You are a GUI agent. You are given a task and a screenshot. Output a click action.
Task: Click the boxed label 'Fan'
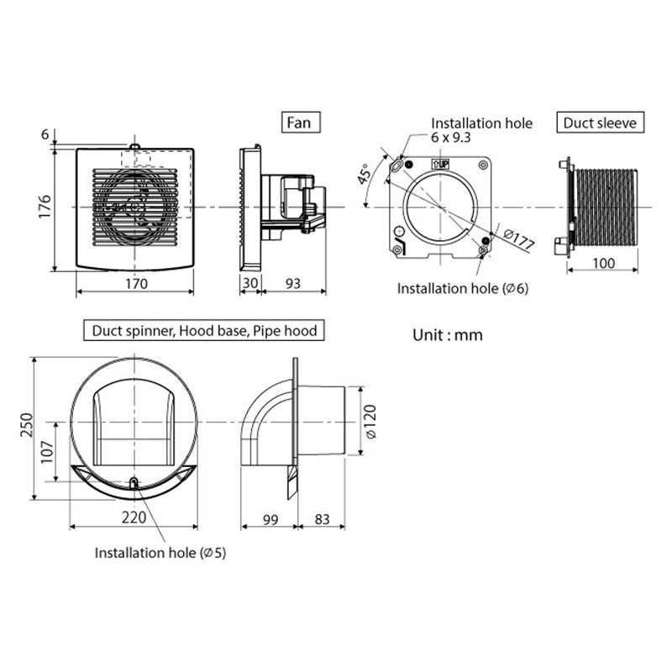300,122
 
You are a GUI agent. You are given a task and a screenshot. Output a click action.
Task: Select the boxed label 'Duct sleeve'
601,123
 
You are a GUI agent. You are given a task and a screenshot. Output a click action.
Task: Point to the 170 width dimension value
135,283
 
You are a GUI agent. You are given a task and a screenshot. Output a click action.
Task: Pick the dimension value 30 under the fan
250,283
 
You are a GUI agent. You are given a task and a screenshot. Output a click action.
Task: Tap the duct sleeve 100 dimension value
602,263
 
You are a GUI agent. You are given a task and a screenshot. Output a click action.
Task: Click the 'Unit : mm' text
448,334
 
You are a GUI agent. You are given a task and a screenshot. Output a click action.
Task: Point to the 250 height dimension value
26,427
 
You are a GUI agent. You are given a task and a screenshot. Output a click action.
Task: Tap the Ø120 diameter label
370,423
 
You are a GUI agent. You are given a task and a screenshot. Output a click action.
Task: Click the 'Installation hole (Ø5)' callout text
160,553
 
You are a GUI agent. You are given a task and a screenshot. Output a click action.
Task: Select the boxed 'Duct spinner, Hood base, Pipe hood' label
201,331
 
